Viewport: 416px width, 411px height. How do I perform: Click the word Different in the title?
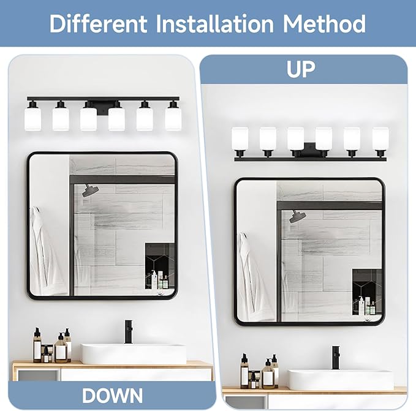[99, 23]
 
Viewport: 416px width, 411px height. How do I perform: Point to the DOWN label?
[112, 395]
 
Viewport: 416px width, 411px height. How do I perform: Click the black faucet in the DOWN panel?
[129, 331]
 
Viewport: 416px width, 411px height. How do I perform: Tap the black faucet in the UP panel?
[335, 358]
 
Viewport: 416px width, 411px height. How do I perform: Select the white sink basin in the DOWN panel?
[134, 353]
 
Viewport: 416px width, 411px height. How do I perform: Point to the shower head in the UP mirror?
[298, 216]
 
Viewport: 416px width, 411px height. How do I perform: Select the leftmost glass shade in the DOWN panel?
[33, 118]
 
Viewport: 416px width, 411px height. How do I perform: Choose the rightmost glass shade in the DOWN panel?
[173, 118]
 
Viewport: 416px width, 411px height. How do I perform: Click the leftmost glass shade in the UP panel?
[240, 140]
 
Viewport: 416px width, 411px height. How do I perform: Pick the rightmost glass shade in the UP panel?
[380, 140]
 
